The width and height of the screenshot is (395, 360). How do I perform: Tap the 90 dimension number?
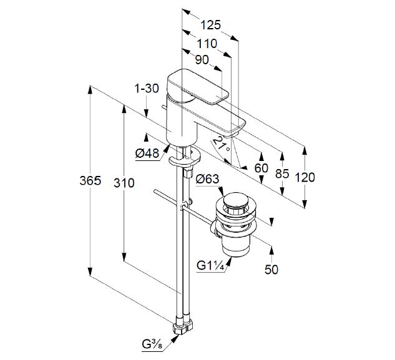202,60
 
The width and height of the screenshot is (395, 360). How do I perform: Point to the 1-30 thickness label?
147,89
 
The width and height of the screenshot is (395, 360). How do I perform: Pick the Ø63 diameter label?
208,180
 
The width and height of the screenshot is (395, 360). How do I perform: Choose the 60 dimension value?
261,168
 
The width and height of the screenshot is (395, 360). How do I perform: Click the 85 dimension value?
282,174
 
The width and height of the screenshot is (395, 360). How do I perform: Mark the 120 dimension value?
305,177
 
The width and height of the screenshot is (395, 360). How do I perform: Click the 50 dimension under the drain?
271,270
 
